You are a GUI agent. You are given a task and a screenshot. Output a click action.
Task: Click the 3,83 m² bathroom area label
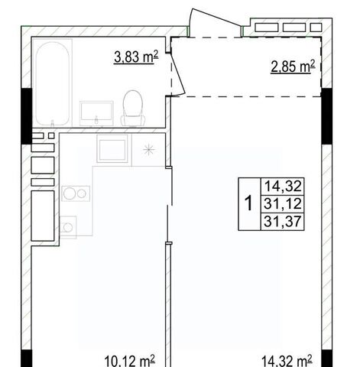coord(136,57)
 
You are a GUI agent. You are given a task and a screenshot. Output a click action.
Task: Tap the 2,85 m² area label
coord(293,67)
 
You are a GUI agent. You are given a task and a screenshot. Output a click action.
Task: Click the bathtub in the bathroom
coord(53,83)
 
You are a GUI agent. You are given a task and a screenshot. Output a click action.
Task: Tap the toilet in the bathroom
coord(133,108)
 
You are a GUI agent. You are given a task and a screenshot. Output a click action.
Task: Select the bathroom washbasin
coord(96,113)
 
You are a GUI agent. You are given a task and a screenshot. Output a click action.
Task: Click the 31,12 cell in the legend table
coord(283,204)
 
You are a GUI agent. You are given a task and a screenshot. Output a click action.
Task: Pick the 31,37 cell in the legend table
coord(283,221)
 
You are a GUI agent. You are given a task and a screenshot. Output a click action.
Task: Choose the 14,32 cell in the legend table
coord(283,187)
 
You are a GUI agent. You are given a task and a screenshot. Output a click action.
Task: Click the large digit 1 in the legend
coord(248,203)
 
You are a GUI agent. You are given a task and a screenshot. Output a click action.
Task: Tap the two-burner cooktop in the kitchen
coord(76,193)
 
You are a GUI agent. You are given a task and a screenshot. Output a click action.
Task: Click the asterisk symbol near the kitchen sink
coord(148,150)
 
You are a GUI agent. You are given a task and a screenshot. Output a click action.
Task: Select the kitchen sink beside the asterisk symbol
coord(112,148)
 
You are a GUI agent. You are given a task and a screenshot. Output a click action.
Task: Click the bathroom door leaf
coord(178,73)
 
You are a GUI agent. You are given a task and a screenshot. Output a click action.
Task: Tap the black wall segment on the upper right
coord(326,116)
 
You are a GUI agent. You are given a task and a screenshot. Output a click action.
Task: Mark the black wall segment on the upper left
coord(27,116)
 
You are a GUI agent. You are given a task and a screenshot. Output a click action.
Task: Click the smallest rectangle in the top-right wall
coord(316,28)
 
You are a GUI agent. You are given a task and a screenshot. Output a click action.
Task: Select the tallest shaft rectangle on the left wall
coord(43,216)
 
